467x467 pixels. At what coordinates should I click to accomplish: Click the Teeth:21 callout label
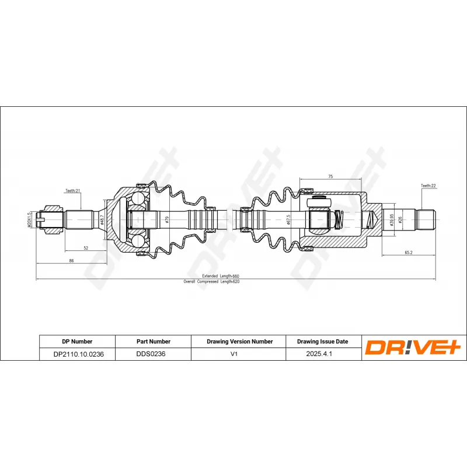[x=72, y=191]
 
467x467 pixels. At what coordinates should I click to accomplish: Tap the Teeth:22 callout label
[x=428, y=186]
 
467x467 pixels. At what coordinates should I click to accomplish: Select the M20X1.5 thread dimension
[x=29, y=220]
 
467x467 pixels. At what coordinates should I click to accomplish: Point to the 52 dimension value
[x=86, y=248]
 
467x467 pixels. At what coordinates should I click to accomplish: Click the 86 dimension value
[x=71, y=260]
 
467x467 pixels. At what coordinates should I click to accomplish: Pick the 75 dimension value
[x=330, y=177]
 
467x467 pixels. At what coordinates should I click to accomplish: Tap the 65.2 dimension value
[x=408, y=253]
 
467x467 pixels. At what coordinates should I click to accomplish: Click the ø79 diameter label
[x=167, y=220]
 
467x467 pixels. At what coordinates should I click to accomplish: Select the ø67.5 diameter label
[x=288, y=220]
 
